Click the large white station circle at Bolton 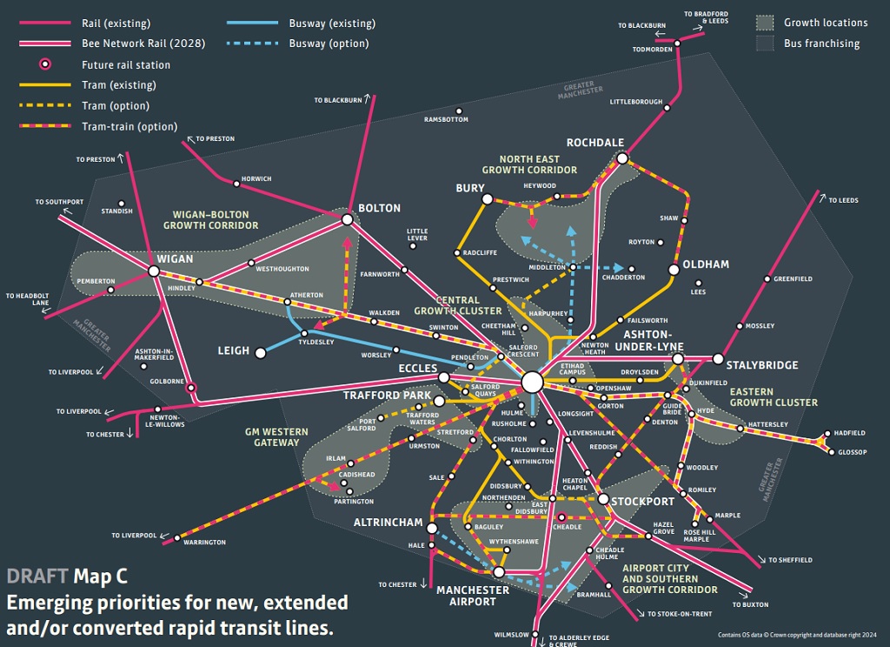(x=347, y=220)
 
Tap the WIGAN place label (x=176, y=259)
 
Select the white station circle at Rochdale (x=622, y=158)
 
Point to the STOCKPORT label (x=642, y=502)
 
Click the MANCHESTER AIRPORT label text (x=472, y=596)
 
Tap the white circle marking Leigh (x=259, y=351)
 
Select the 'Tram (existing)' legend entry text (x=119, y=85)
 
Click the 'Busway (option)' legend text (x=329, y=43)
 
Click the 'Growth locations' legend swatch (x=764, y=23)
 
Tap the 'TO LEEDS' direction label (x=843, y=201)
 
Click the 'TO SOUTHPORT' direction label (x=59, y=202)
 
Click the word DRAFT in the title (x=37, y=577)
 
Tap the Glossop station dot (x=831, y=452)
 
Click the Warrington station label (x=204, y=543)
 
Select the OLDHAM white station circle (x=674, y=270)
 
